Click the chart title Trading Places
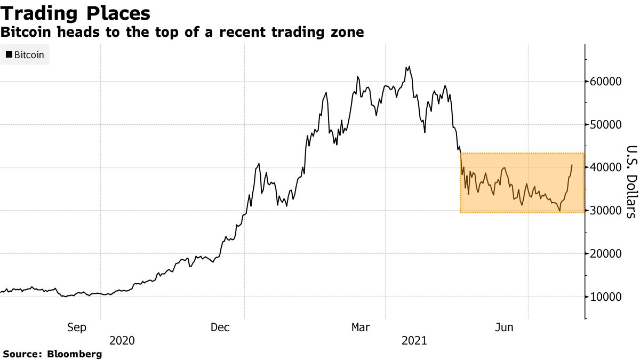tap(75, 13)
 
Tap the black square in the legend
tap(9, 54)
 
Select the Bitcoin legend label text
tap(29, 54)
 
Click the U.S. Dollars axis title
tap(631, 181)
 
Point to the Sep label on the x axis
tap(77, 327)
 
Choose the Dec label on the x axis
tap(220, 327)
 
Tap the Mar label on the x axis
tap(361, 327)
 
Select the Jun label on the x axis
tap(504, 327)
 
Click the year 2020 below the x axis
tap(122, 340)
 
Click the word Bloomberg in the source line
tap(75, 354)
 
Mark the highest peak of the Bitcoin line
tap(409, 67)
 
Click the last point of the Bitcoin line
tap(572, 165)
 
